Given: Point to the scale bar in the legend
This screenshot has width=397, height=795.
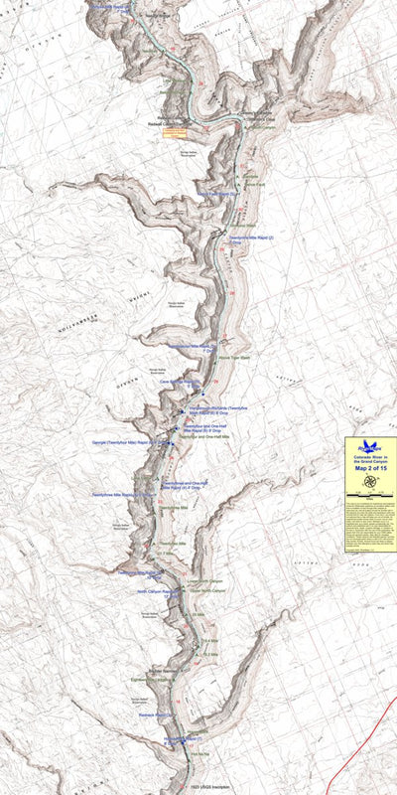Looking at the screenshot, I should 370,547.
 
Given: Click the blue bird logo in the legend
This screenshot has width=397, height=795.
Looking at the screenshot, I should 370,446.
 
